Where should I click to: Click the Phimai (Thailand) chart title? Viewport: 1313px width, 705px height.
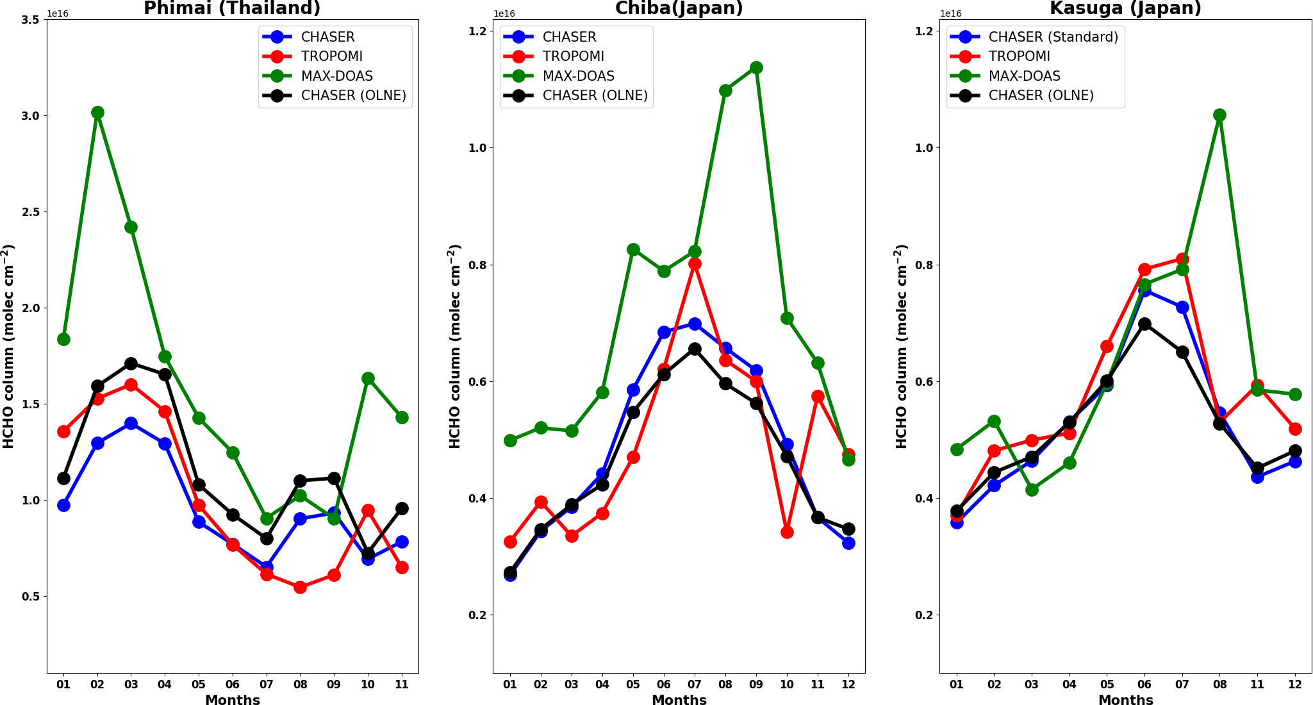[232, 8]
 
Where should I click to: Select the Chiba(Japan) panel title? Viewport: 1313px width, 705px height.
[679, 8]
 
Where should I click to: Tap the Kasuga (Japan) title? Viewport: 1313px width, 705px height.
[1125, 8]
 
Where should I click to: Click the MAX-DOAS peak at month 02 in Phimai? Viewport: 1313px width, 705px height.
[97, 113]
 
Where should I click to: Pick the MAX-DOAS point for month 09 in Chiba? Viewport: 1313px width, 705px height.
[756, 68]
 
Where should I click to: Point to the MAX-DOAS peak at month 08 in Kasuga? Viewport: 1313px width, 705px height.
[1219, 115]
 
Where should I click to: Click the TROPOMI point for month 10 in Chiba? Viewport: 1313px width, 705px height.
[787, 532]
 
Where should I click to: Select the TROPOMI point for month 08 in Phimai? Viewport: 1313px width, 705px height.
[300, 587]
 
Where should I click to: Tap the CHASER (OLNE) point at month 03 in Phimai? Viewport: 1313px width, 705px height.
[131, 364]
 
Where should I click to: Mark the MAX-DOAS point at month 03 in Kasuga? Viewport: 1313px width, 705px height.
[1032, 490]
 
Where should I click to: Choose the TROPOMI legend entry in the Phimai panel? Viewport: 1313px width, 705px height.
[331, 56]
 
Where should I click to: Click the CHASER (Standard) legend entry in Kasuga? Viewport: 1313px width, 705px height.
[1053, 37]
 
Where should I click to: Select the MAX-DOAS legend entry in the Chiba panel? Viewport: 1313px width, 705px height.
[578, 76]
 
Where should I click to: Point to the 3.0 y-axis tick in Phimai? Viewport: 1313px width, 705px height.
[30, 116]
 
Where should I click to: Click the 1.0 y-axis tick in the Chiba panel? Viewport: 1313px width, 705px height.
[477, 148]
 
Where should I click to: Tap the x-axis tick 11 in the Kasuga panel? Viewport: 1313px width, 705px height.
[1257, 684]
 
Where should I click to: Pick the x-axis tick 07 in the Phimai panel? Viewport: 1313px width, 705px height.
[267, 684]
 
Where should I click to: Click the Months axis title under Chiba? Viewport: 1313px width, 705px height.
[679, 700]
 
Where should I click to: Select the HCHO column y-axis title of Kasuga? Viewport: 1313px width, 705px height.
[901, 346]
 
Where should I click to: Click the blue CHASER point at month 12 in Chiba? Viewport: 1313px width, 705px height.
[848, 543]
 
